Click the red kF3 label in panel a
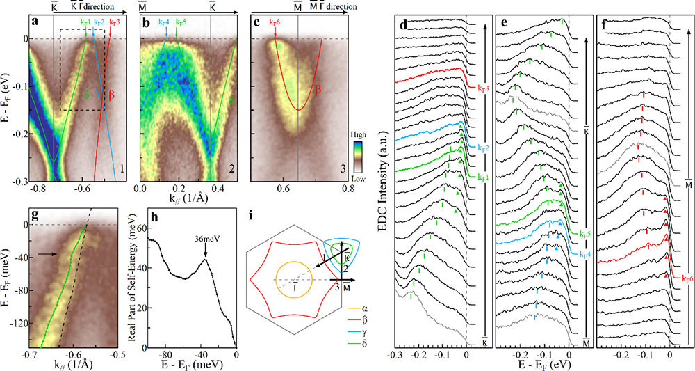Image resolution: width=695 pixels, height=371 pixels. [113, 22]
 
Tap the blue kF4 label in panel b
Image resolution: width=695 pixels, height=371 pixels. [165, 22]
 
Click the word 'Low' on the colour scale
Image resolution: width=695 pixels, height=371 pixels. [360, 179]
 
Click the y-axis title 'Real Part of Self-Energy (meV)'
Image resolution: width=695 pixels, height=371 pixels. [133, 286]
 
